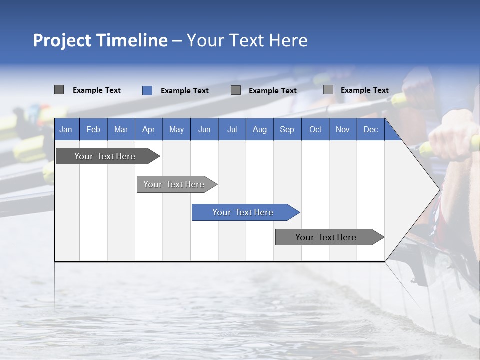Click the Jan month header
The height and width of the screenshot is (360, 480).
pos(66,129)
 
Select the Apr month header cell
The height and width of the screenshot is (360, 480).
pos(149,129)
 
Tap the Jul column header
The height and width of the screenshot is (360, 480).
pos(232,129)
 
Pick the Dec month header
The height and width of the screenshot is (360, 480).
pos(370,129)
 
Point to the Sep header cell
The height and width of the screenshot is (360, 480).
pos(287,129)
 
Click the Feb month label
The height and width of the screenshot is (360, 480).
pos(93,129)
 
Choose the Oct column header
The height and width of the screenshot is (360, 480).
pos(315,129)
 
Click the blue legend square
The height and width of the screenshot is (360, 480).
pos(147,90)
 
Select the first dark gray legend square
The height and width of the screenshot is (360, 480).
pos(59,90)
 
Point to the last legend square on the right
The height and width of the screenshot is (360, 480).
pos(328,90)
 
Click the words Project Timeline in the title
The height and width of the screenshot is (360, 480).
pos(100,40)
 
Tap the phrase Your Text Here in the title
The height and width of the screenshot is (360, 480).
pos(247,40)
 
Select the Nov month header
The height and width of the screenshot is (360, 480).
pos(343,129)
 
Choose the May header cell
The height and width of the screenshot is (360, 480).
pos(176,129)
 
